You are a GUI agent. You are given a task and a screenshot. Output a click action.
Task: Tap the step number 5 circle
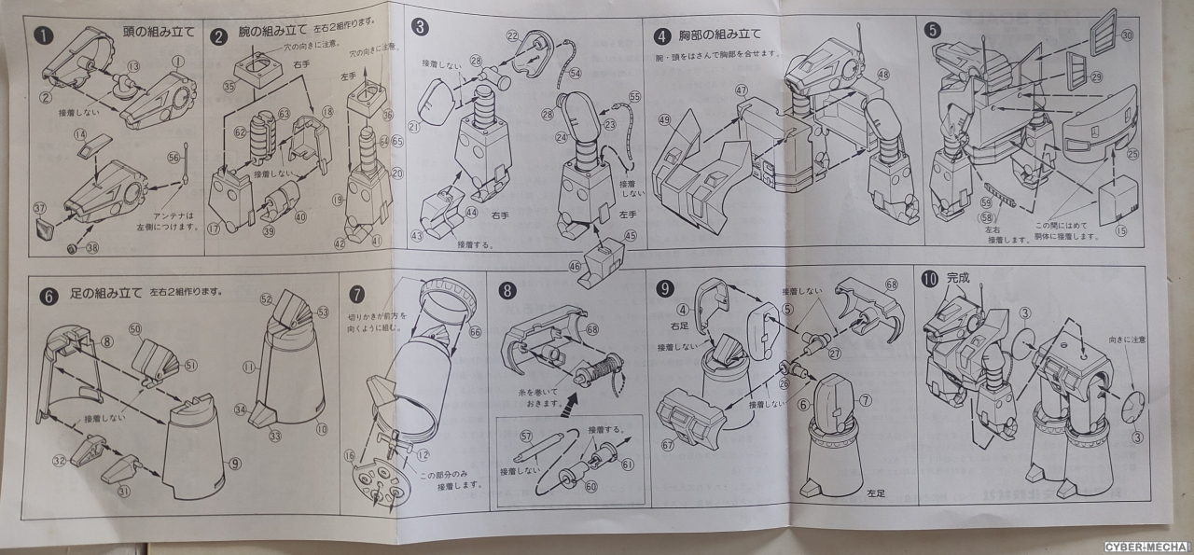(933, 30)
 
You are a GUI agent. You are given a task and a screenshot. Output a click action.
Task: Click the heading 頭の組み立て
(159, 31)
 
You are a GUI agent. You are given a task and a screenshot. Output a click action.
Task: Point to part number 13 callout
(132, 66)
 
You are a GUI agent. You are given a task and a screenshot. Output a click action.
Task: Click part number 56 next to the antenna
(173, 158)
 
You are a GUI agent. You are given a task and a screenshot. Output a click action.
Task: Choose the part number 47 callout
(742, 91)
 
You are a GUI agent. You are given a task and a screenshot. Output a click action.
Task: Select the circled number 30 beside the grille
(1126, 35)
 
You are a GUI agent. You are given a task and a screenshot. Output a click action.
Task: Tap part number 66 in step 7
(475, 332)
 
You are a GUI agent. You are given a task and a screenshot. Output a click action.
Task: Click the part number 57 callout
(526, 436)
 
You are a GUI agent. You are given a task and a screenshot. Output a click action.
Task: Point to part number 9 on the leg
(234, 462)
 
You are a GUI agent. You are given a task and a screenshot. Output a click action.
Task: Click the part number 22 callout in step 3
(512, 35)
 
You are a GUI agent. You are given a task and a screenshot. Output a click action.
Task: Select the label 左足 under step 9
(874, 493)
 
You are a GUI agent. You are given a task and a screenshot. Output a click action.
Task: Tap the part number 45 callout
(631, 235)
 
